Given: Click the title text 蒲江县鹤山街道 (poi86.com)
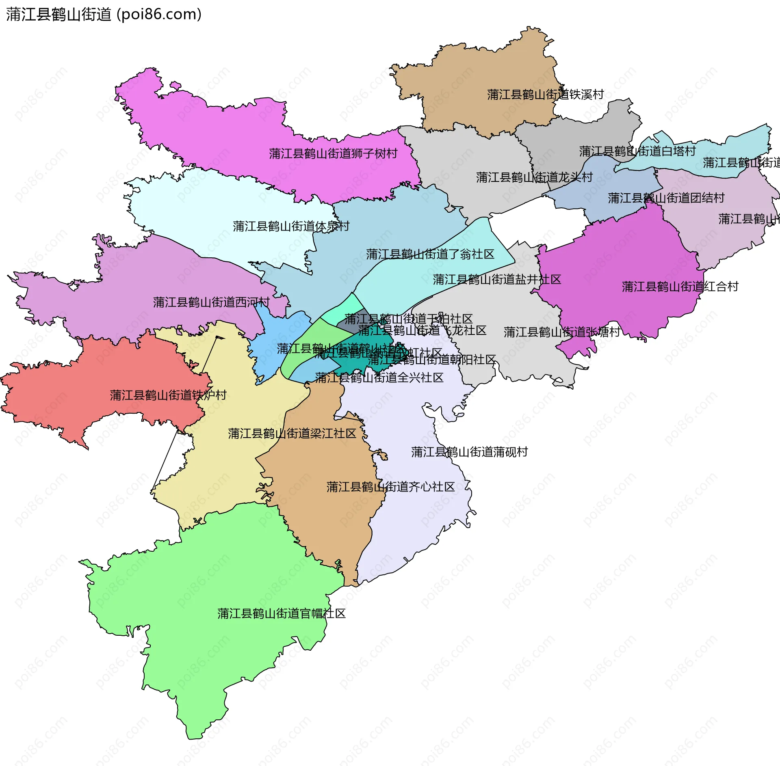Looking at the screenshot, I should [104, 15].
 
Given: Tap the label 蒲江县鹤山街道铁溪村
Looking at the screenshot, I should [545, 95].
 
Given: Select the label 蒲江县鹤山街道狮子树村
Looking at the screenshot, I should [333, 154].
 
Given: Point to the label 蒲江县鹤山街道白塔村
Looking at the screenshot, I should [637, 151].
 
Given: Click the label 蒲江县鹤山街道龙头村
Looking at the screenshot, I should [534, 177].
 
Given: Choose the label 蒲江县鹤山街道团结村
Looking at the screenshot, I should [666, 198].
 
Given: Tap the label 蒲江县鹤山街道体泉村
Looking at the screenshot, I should [291, 227].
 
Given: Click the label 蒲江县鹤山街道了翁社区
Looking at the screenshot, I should [430, 255].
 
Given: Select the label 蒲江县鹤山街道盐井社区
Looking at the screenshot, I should [496, 280].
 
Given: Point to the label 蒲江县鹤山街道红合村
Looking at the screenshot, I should [680, 287].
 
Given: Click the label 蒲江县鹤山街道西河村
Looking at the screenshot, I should [211, 302].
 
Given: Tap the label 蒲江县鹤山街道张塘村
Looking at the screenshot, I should [562, 332].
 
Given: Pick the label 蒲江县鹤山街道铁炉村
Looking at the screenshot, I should [168, 395].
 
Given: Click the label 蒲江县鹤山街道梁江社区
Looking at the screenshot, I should [292, 434].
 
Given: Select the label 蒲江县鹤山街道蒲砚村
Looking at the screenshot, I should [469, 452].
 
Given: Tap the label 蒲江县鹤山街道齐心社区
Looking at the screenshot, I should [390, 487].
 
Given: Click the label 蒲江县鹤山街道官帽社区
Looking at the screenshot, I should [281, 614].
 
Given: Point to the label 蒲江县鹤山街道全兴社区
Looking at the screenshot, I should [379, 378].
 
